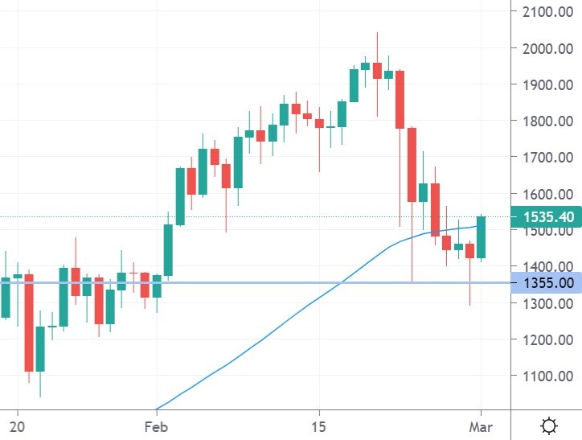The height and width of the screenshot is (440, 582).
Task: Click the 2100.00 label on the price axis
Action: pos(548,12)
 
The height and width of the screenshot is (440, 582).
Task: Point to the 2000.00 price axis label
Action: pos(548,48)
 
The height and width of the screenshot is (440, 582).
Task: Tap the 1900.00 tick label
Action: pos(548,84)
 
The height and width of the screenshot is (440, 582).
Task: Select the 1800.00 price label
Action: pos(548,121)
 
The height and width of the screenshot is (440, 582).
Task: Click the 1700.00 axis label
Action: pos(548,158)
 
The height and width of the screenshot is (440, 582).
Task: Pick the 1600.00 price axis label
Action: pos(548,194)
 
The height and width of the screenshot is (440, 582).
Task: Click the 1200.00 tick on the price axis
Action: pos(548,339)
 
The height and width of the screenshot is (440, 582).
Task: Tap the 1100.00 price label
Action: pos(548,376)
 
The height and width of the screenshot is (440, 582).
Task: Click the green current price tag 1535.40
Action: pos(547,217)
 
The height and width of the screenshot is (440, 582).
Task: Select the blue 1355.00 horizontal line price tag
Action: pos(547,283)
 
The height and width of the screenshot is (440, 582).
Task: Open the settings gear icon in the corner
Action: pos(550,425)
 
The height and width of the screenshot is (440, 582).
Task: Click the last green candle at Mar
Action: pos(481,237)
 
